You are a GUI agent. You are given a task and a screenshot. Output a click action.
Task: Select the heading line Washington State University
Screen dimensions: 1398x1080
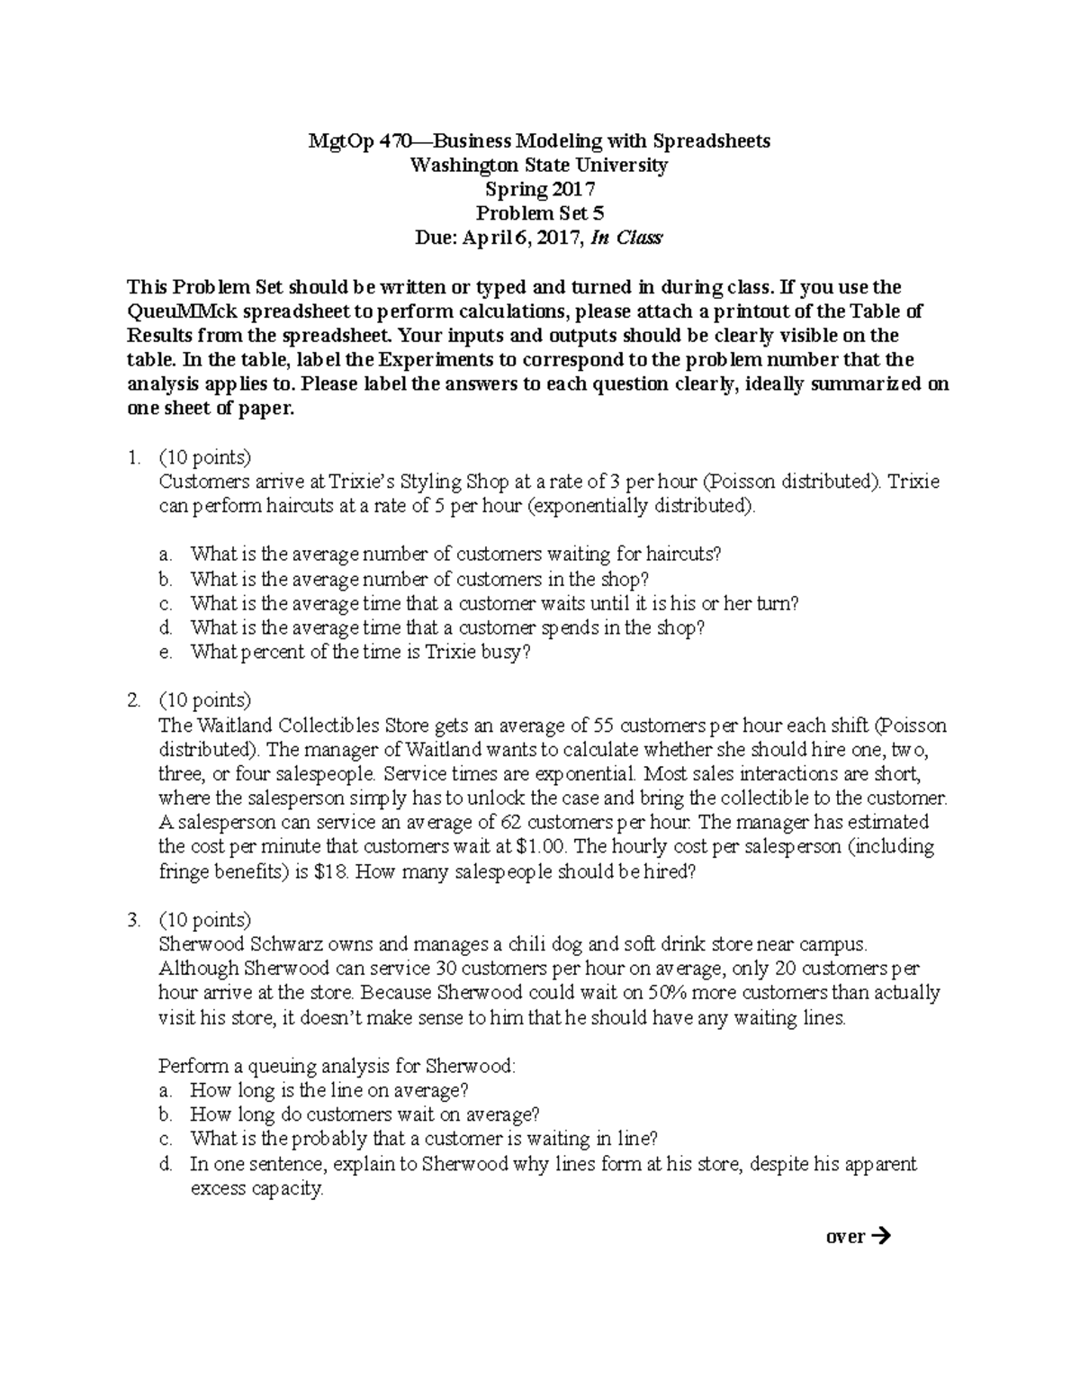(539, 166)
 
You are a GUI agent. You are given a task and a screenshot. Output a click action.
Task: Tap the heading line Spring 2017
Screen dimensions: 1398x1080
(539, 190)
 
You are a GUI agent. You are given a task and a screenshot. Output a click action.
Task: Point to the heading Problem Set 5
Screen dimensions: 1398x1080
(539, 214)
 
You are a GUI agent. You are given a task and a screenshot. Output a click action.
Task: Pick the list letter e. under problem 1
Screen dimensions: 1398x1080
(164, 653)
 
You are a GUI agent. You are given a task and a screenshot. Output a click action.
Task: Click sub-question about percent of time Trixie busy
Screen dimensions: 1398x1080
(361, 653)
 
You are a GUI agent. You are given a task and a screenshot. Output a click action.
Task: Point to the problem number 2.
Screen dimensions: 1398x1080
(134, 700)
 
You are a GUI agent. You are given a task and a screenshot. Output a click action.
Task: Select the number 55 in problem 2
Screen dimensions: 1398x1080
(604, 726)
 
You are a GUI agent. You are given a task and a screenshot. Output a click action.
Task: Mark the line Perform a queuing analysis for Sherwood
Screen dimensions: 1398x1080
(337, 1067)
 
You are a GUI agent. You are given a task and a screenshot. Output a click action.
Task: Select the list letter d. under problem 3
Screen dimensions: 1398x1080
(165, 1164)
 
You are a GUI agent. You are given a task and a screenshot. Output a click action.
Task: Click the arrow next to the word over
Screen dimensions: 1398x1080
(881, 1236)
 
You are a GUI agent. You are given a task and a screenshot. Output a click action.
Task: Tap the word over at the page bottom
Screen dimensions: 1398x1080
(844, 1237)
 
